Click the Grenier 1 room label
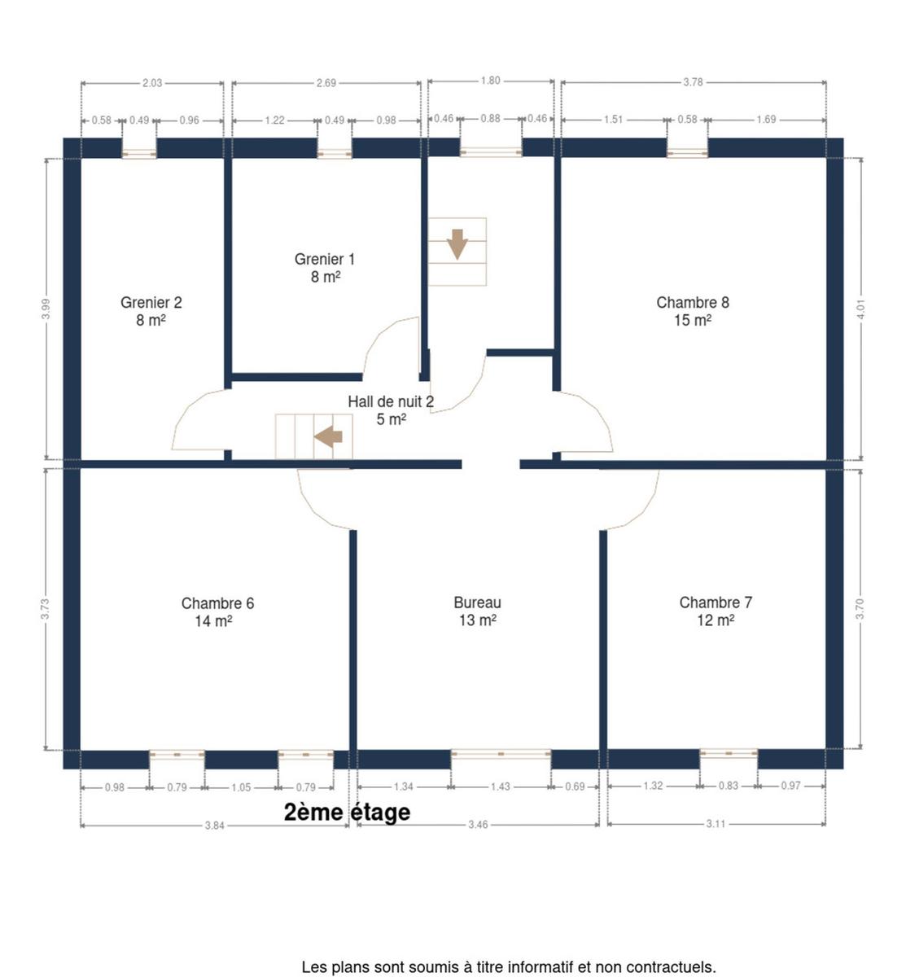pyautogui.click(x=325, y=268)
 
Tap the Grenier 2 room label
pyautogui.click(x=151, y=311)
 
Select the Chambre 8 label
pyautogui.click(x=693, y=311)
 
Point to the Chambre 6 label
pyautogui.click(x=217, y=612)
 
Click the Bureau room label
pyautogui.click(x=477, y=611)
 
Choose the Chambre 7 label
pyautogui.click(x=716, y=611)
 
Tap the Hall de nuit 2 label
pyautogui.click(x=391, y=410)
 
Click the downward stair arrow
pyautogui.click(x=457, y=244)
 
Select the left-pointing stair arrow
pyautogui.click(x=328, y=437)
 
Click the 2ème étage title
pyautogui.click(x=347, y=813)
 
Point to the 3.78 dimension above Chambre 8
pyautogui.click(x=693, y=82)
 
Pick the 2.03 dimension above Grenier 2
pyautogui.click(x=152, y=83)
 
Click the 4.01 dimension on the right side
pyautogui.click(x=860, y=309)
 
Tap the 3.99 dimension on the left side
pyautogui.click(x=46, y=309)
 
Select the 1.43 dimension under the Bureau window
pyautogui.click(x=501, y=786)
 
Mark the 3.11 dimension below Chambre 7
pyautogui.click(x=716, y=824)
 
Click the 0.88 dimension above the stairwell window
pyautogui.click(x=490, y=119)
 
